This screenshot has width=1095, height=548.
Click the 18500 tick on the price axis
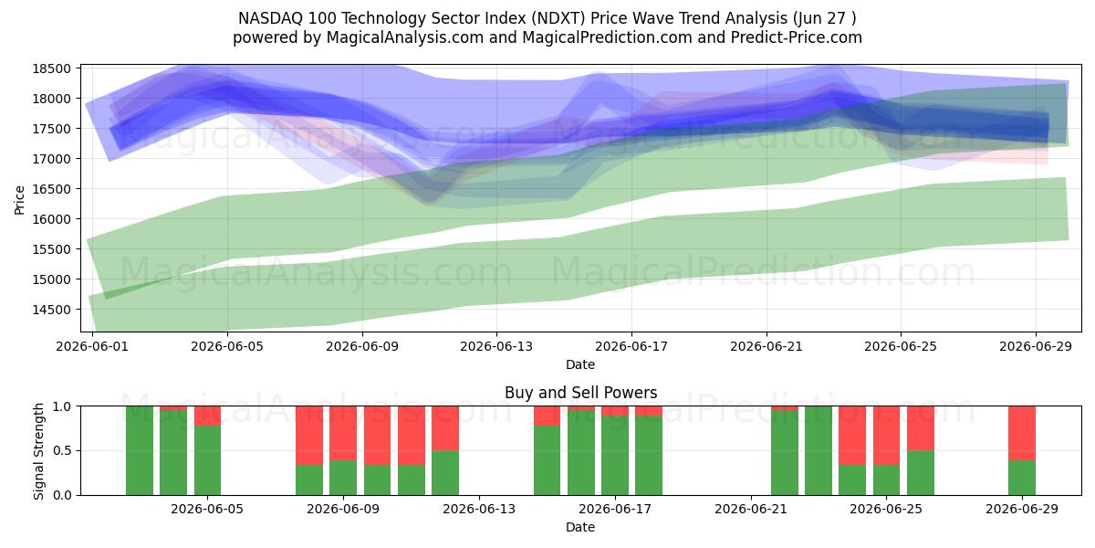51,68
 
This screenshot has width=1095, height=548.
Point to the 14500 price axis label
51,310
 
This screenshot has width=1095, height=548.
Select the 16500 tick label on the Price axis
51,189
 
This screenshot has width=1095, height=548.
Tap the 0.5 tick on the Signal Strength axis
63,450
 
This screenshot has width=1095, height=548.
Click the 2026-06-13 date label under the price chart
496,346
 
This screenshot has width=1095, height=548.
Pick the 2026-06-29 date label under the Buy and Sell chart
1022,509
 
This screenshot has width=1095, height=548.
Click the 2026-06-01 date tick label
92,346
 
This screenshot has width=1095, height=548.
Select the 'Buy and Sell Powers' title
580,393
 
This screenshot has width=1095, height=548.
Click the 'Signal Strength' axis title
38,451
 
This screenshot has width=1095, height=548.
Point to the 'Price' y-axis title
19,200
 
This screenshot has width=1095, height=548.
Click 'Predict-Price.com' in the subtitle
797,37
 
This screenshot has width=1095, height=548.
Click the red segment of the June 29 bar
1022,433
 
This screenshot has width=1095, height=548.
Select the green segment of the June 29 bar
1022,478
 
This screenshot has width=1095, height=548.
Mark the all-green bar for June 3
140,450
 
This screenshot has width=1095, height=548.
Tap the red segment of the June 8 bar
309,436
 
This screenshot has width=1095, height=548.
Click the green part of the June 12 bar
445,473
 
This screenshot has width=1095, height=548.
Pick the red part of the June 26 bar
921,428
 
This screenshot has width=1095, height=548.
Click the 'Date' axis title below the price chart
580,364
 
